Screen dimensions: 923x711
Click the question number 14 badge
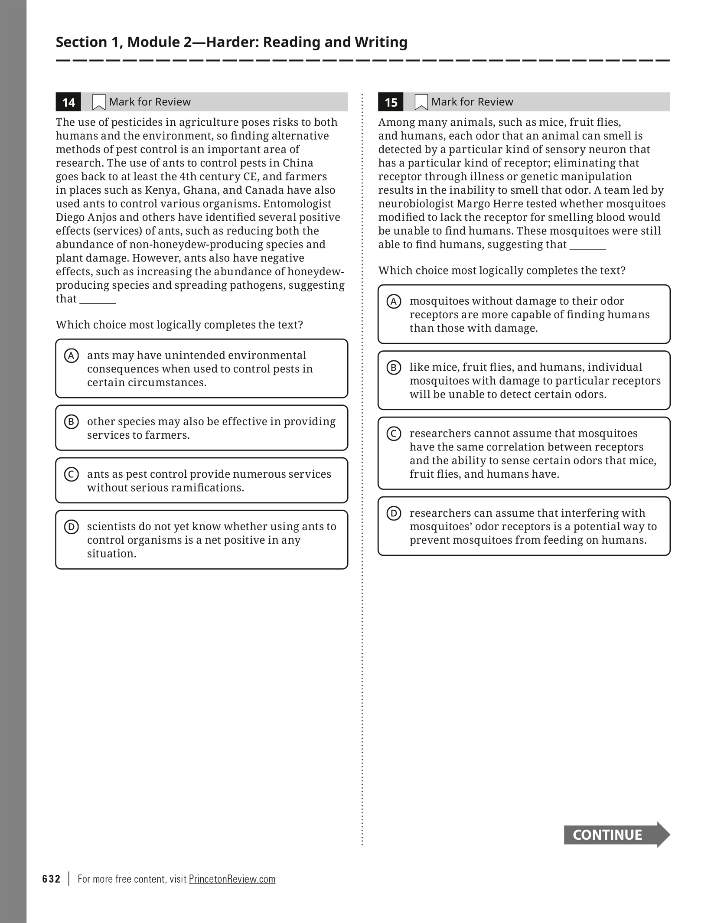[68, 102]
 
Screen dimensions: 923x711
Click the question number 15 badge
[391, 102]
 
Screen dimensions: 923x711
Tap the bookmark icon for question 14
[99, 102]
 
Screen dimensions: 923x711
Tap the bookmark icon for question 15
[421, 102]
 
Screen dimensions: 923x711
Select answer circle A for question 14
[72, 356]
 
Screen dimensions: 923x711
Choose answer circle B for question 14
[72, 422]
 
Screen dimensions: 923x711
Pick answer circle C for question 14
[72, 474]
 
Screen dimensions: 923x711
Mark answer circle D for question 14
[72, 527]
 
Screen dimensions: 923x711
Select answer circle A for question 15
[394, 301]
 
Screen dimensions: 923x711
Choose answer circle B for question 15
[394, 368]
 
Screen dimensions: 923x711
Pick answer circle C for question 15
[394, 434]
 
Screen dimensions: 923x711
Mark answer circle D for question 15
[394, 513]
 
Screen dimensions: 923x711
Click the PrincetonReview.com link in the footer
[232, 879]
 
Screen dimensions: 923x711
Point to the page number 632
[52, 879]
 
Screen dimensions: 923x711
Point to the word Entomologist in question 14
[297, 204]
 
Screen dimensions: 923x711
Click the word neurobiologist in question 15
[415, 204]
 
